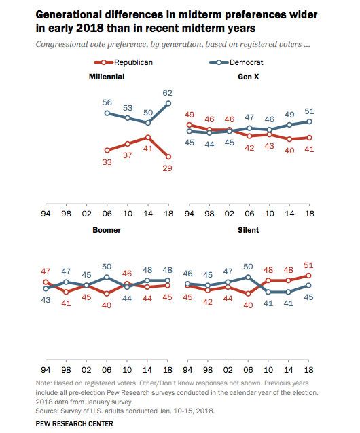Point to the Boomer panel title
[x=106, y=231]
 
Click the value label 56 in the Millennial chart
[x=107, y=102]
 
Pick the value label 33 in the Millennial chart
[x=107, y=162]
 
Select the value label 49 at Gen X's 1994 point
[x=190, y=114]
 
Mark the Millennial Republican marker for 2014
[x=148, y=137]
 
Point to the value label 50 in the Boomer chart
[x=107, y=267]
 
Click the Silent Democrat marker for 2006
[x=249, y=277]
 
